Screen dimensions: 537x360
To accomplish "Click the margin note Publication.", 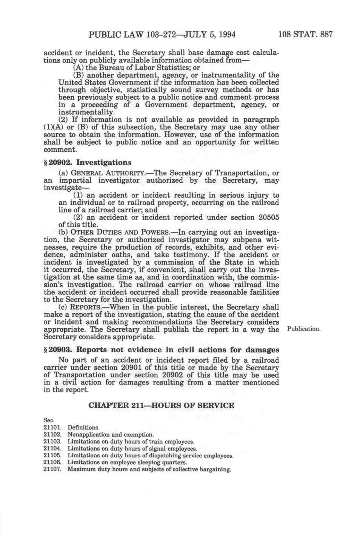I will [303, 329].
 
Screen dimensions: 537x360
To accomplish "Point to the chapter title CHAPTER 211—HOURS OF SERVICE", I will [161, 406].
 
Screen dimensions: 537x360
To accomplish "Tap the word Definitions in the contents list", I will [83, 428].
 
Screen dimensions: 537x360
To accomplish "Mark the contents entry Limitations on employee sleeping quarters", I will [127, 462].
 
